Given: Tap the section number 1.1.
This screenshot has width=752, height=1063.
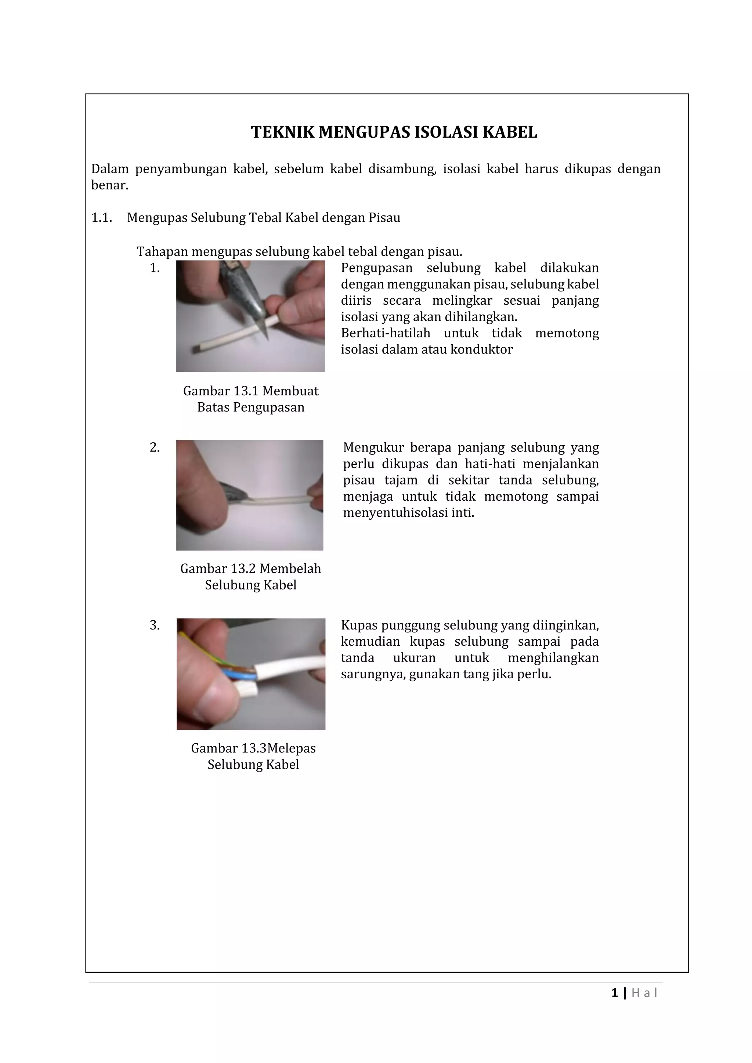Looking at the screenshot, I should point(101,218).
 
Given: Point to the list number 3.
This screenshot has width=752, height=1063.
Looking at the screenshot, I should point(155,625).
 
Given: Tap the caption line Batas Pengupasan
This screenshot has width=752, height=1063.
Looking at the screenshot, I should point(250,407).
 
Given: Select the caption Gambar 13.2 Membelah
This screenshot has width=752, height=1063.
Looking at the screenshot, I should point(250,569).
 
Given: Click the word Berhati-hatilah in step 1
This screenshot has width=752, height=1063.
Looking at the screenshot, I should point(385,333).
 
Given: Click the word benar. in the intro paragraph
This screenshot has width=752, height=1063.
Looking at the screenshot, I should point(109,185).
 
